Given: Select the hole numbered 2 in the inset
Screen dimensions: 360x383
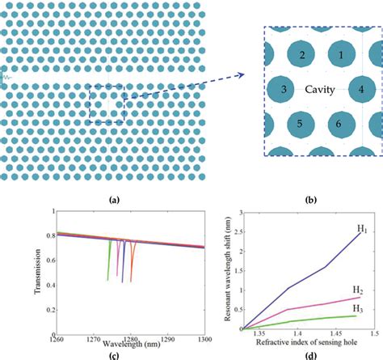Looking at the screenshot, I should [301, 55].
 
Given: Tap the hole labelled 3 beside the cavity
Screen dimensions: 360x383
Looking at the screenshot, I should [283, 89].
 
